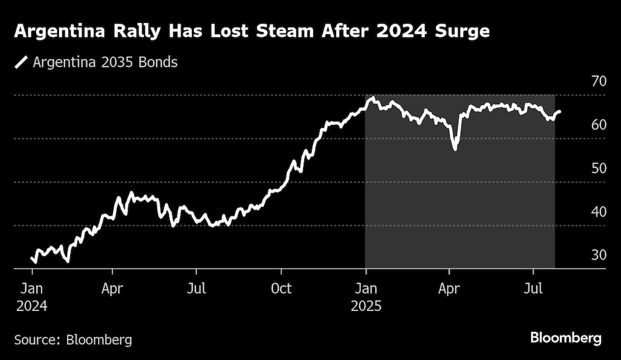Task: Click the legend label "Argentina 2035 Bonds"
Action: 105,63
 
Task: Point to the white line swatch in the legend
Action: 21,63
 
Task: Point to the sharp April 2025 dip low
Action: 455,149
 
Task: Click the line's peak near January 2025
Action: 371,98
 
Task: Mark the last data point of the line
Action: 560,112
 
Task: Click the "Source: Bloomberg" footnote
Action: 73,340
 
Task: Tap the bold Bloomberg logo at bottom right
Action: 566,338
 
